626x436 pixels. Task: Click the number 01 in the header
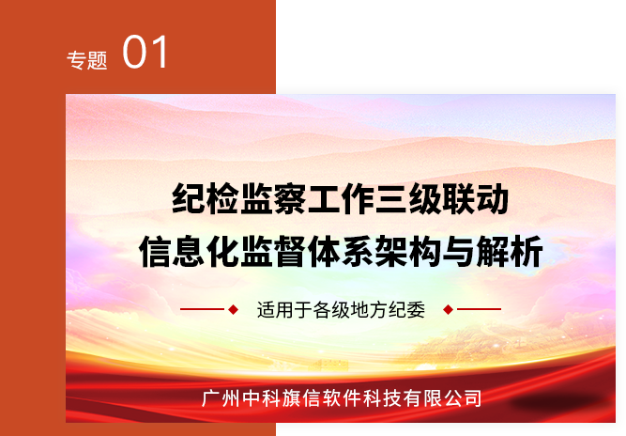(145, 52)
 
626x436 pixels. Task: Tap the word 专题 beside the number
(87, 60)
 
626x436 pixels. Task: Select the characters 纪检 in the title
(206, 198)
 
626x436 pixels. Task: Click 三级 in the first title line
(408, 198)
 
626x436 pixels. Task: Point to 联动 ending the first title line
(476, 198)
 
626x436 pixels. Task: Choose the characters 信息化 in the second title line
(190, 252)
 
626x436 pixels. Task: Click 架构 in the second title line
(408, 252)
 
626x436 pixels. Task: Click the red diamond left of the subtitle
(233, 309)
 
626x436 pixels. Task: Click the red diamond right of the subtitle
(448, 309)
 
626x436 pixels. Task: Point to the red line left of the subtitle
(202, 309)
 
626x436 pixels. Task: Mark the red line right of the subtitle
(479, 309)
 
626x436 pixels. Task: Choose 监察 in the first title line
(273, 198)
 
